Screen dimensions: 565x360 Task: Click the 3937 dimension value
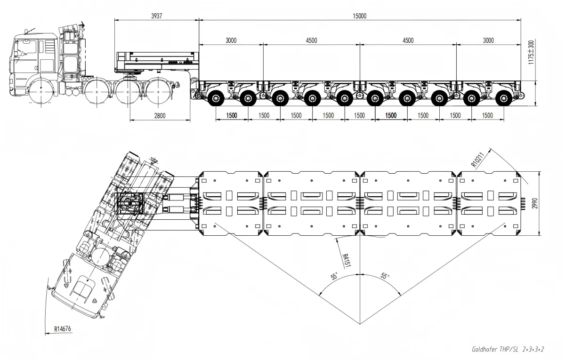pos(157,16)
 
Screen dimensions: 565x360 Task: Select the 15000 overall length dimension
pos(359,16)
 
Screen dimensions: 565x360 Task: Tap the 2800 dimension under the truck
pos(160,116)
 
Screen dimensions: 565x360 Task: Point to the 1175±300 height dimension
pos(531,52)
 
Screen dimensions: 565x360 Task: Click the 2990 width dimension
pos(534,203)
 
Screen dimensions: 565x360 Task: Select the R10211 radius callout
pos(478,160)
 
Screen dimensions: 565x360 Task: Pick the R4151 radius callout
pos(346,260)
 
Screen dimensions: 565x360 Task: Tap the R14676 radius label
pos(63,329)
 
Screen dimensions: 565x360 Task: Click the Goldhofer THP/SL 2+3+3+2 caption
pos(508,349)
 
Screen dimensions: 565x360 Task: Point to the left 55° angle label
pos(334,276)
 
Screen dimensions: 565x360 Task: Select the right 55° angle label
pos(384,276)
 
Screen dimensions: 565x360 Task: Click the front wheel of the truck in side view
pos(41,92)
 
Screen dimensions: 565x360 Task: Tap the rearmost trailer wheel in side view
pos(503,98)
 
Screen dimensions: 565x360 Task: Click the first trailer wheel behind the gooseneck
pos(216,98)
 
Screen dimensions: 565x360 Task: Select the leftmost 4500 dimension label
pos(311,40)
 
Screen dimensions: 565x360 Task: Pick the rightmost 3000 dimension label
pos(488,40)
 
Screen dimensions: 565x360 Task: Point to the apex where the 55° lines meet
pos(360,324)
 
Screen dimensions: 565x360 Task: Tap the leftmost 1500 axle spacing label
pos(232,115)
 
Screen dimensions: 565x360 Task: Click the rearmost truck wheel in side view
pos(158,92)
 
